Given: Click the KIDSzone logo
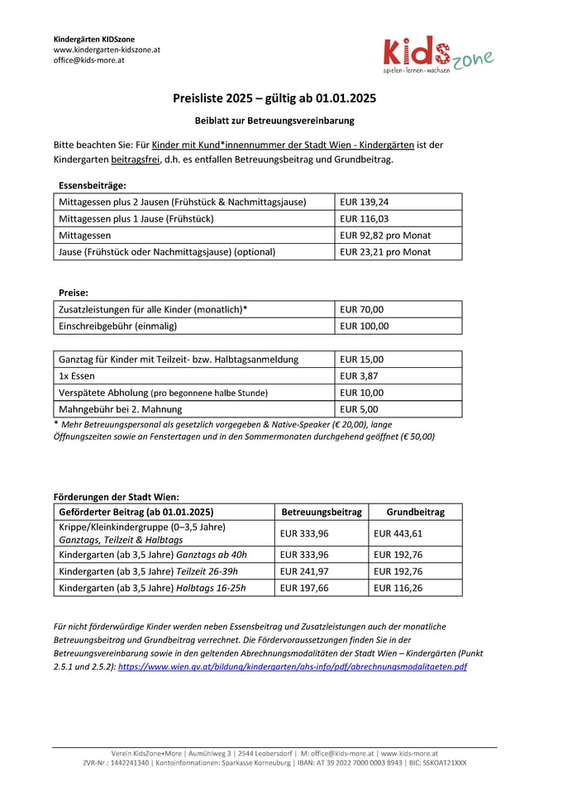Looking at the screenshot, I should tap(437, 56).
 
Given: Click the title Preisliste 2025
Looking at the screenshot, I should tap(274, 98).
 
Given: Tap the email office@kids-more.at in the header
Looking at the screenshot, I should tap(89, 60).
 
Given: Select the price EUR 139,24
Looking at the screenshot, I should tap(365, 202).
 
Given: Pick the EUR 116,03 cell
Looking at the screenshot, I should tap(365, 218).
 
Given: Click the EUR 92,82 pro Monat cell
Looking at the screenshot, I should tap(385, 235).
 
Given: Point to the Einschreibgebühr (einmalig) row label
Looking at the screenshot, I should tap(118, 326).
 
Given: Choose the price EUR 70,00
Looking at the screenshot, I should tap(362, 309).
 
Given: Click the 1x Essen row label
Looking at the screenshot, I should tap(77, 376).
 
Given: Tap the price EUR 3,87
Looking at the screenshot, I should tap(359, 376).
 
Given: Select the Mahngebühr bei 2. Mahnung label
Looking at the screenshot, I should tap(121, 409).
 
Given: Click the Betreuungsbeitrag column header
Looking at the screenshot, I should tap(322, 512).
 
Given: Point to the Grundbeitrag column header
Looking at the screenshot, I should tap(416, 512).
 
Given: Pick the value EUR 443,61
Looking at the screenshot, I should tap(398, 533).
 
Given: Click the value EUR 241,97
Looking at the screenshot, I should tap(304, 571).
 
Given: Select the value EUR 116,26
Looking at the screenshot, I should tap(398, 588).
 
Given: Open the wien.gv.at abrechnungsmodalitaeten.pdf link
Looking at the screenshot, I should tap(292, 666).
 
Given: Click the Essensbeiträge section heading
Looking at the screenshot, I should tap(92, 185).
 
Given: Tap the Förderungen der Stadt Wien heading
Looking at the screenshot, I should tap(111, 497).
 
